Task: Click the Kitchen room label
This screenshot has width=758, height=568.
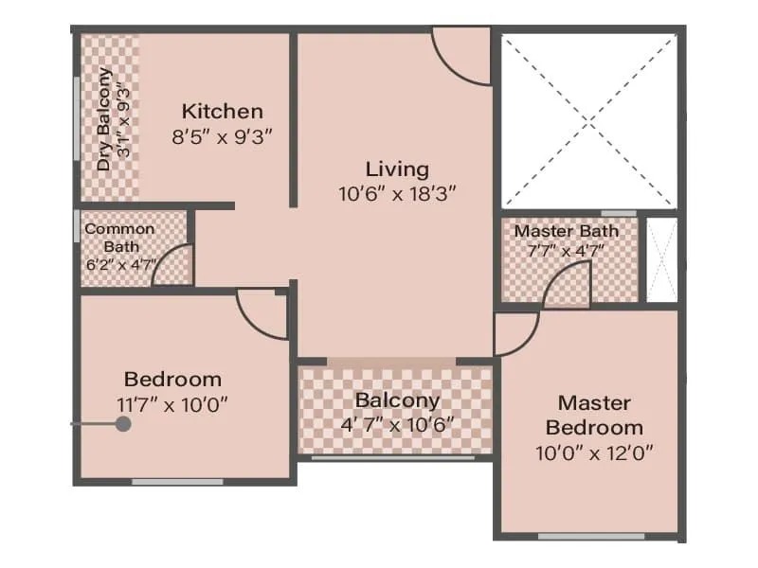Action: tap(223, 111)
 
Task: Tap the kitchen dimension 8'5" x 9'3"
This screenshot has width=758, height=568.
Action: tap(223, 136)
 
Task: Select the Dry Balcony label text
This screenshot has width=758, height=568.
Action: tap(105, 119)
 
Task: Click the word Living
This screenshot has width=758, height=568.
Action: tap(397, 169)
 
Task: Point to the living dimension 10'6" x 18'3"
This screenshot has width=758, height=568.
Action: tap(397, 194)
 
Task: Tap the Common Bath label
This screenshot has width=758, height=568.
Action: tap(119, 237)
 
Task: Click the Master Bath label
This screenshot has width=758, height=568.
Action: tap(567, 231)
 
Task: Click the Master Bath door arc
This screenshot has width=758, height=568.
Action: tap(568, 282)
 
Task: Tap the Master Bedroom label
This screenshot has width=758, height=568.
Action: tap(594, 415)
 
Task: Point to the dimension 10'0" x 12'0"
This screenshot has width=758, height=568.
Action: tap(594, 452)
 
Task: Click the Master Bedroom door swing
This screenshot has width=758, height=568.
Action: tap(517, 334)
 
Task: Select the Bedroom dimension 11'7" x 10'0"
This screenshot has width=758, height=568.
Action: tap(172, 404)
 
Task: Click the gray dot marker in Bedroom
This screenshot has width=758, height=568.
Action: tap(122, 425)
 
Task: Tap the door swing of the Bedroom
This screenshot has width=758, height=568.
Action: tap(262, 315)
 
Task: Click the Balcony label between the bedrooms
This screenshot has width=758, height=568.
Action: tap(397, 400)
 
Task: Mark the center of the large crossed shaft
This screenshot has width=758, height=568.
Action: tap(589, 120)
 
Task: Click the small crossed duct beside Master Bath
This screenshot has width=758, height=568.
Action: tap(661, 260)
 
